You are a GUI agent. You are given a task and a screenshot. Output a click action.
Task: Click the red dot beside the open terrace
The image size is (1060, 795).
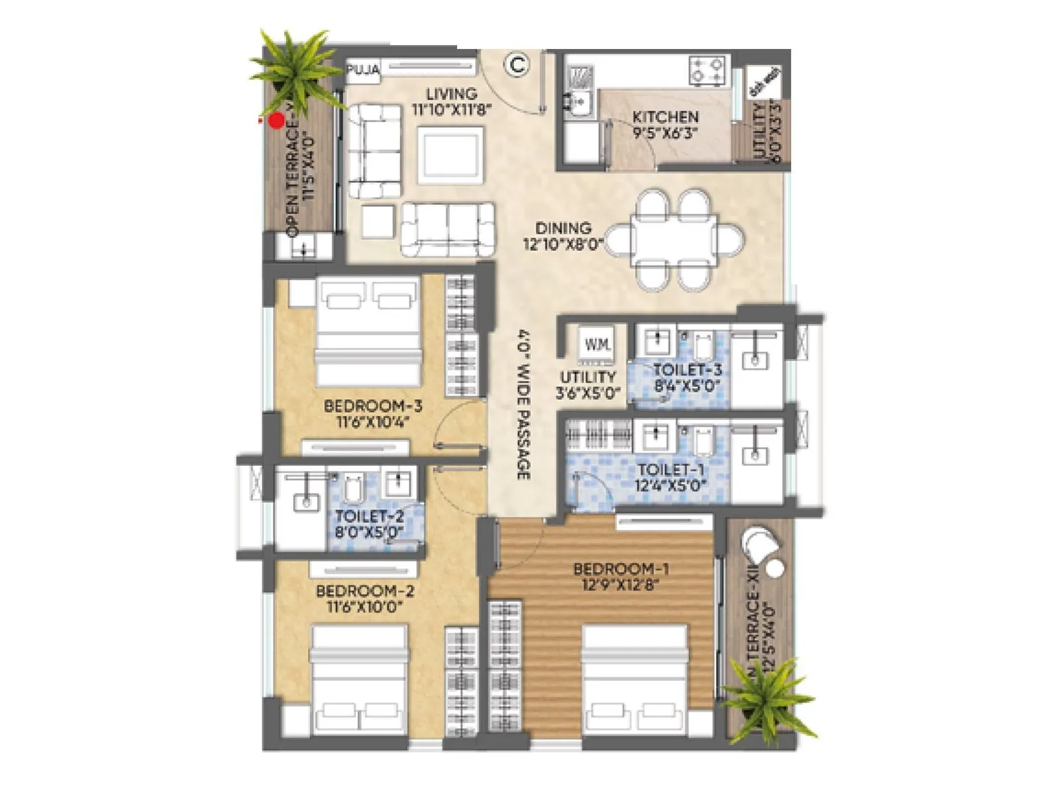coord(276,121)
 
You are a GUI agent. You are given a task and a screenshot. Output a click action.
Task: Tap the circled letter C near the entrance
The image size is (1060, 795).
coord(517,65)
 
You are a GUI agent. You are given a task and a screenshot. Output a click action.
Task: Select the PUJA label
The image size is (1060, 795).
coord(364,70)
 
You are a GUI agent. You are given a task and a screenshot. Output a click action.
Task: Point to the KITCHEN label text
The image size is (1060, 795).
coord(665,117)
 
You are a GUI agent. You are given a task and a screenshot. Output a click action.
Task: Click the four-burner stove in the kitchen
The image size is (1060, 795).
coord(708,70)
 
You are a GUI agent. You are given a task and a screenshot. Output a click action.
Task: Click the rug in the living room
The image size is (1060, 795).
coord(450,154)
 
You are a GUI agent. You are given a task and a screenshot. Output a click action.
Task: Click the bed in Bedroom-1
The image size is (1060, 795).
coord(635,679)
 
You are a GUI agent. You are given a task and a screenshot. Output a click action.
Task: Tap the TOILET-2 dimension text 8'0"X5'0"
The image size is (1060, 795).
coord(369,531)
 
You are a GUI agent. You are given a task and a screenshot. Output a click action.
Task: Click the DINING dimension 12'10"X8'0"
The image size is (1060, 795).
coord(563,244)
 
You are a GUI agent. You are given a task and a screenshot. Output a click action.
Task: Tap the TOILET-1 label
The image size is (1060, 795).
coord(671,470)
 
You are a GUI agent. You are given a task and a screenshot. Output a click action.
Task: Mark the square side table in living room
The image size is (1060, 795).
coord(379,221)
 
